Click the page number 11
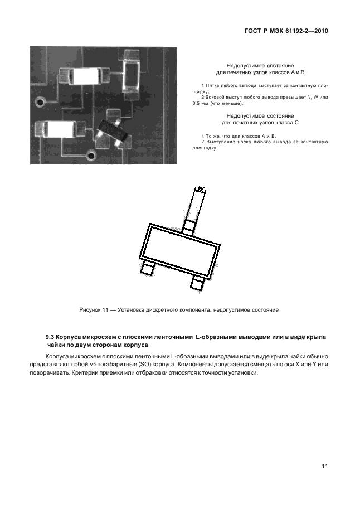(x=324, y=466)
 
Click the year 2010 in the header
(x=318, y=32)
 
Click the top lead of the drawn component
(x=188, y=225)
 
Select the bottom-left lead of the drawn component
(x=147, y=268)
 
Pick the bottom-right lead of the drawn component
(x=197, y=283)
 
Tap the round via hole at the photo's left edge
(x=40, y=103)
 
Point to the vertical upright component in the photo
(x=132, y=72)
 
